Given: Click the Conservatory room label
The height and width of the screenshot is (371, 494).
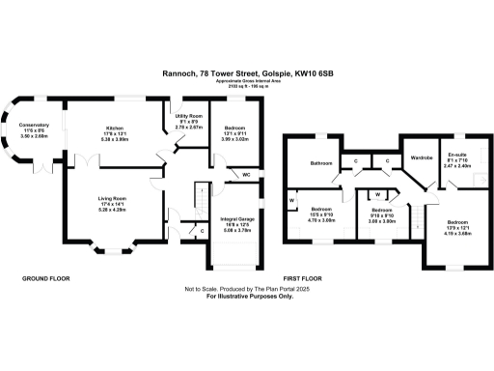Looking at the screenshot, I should (32, 125).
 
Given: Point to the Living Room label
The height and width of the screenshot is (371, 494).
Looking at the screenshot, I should (113, 199).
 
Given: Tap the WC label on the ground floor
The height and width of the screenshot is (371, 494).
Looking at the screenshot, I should (247, 174).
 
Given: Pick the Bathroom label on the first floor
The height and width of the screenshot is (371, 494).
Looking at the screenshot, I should (321, 163).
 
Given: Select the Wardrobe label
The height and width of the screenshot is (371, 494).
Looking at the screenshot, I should (421, 157).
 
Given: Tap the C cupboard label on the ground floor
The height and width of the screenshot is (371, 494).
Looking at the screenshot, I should (201, 232).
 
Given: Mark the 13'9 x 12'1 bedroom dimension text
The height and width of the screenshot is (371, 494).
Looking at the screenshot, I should (456, 225).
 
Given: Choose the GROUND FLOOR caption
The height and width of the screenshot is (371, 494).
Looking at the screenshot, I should (45, 278).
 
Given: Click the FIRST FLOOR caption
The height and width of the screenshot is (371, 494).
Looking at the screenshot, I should (301, 278).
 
